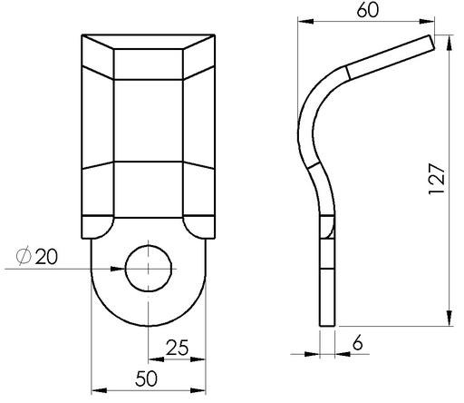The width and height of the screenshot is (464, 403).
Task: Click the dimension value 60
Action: click(368, 10)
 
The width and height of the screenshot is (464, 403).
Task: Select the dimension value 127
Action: click(437, 179)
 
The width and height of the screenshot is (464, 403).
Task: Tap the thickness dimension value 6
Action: click(358, 343)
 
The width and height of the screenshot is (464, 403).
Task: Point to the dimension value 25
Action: click(178, 347)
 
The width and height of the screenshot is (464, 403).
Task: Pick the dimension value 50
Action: click(147, 378)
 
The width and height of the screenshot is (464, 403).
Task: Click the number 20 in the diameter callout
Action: click(46, 257)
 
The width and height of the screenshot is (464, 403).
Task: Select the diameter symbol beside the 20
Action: click(24, 257)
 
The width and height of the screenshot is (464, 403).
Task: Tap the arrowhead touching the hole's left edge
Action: click(118, 269)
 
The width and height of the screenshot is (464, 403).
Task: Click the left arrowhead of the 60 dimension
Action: click(305, 21)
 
